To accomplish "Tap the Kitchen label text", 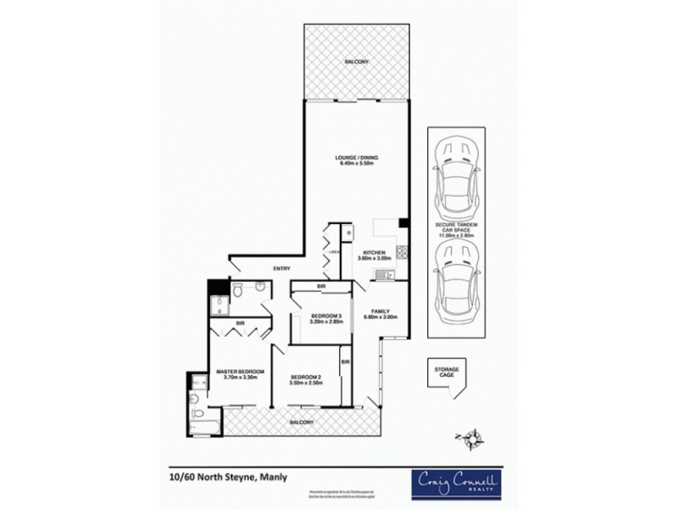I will tap(375, 256).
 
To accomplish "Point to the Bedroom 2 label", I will tap(305, 380).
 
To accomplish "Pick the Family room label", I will tap(381, 315).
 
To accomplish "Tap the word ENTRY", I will tap(282, 270).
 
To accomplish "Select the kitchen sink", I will tap(385, 274).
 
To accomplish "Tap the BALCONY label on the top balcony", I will tap(356, 62).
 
